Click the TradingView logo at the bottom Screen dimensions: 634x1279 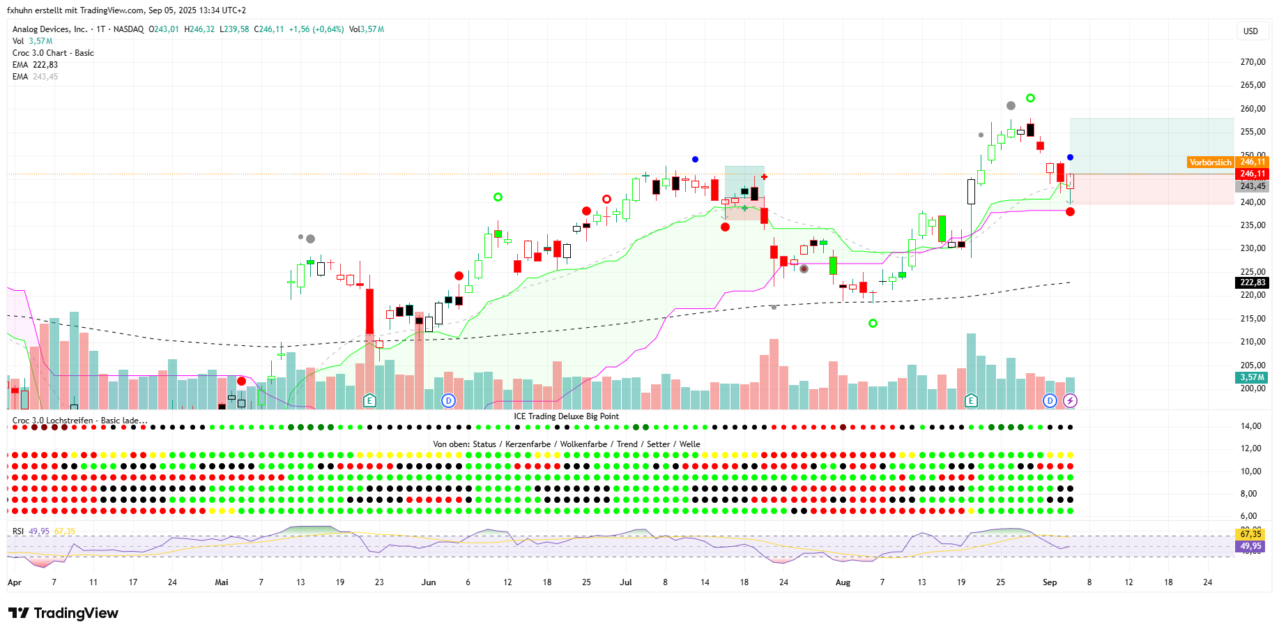click(x=63, y=613)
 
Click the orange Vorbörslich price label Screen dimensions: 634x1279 click(x=1210, y=163)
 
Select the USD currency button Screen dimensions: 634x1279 click(x=1250, y=31)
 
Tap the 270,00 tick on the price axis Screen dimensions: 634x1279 click(x=1253, y=62)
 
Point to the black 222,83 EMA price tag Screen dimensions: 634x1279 click(x=1252, y=282)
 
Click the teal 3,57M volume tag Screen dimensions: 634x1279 click(x=1252, y=377)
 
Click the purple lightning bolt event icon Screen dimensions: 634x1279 click(x=1070, y=400)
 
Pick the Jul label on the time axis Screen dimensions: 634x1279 click(x=625, y=582)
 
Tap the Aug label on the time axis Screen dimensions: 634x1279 click(x=843, y=582)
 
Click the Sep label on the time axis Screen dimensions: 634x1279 click(x=1049, y=582)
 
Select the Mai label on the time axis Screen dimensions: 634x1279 click(x=222, y=582)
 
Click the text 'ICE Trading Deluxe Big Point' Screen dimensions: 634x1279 click(x=566, y=416)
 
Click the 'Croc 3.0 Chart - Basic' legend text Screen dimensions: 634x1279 click(x=53, y=53)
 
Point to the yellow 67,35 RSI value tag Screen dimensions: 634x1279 click(x=1251, y=534)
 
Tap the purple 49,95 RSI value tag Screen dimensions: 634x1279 click(x=1251, y=546)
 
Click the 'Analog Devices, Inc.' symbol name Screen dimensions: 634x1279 click(x=50, y=29)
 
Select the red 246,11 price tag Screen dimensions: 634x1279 click(x=1252, y=174)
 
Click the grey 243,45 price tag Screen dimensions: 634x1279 click(x=1252, y=186)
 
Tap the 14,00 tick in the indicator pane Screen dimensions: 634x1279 click(x=1251, y=426)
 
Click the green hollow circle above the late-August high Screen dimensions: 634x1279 click(x=1030, y=98)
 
